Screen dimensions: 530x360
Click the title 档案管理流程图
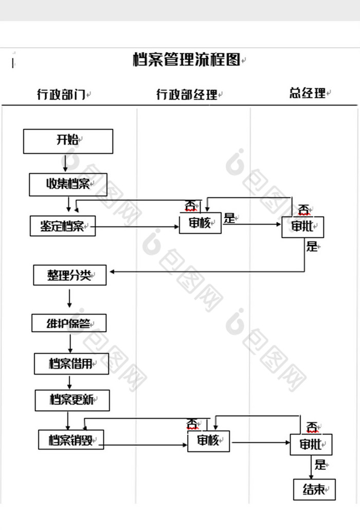[186, 60]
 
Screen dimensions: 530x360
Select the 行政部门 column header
[61, 94]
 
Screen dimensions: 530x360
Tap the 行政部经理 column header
[186, 94]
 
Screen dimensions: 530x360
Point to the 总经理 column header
[307, 93]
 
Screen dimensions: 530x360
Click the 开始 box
[68, 141]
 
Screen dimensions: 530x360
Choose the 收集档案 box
[68, 184]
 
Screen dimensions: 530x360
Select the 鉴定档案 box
[63, 226]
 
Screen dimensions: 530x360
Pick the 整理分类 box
[69, 275]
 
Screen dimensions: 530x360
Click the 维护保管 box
[69, 323]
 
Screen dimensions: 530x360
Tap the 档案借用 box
[71, 363]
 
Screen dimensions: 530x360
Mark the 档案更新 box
[72, 400]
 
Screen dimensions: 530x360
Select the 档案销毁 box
[71, 440]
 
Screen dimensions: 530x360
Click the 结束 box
[314, 489]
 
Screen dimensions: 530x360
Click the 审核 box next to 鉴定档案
[200, 223]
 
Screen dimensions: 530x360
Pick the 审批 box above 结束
[311, 444]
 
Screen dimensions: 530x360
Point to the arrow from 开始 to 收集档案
[65, 163]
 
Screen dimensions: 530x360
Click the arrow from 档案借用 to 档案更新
[70, 382]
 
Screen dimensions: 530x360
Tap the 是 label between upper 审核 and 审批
[229, 218]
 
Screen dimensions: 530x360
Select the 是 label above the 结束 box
[320, 465]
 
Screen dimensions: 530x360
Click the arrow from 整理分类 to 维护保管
[69, 299]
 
